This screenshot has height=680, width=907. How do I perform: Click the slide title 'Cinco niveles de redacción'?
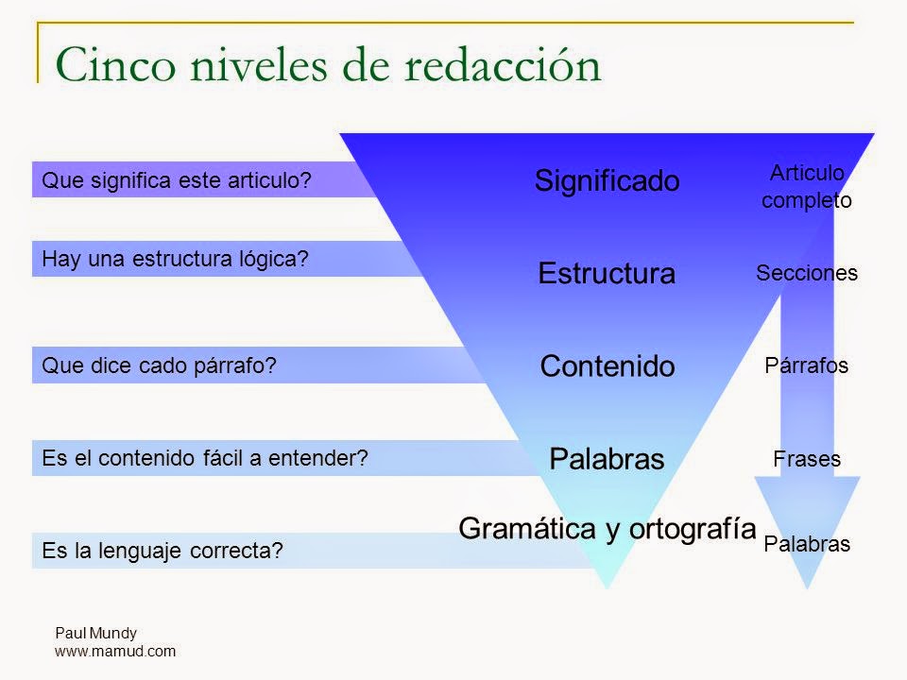328,65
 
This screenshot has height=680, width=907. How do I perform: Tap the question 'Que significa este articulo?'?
177,179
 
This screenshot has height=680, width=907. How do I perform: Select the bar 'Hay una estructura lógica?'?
177,258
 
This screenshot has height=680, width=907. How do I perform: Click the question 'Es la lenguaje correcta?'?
163,551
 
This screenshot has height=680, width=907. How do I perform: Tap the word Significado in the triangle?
607,180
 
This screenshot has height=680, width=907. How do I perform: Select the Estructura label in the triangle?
607,274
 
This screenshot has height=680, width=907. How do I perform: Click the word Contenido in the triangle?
607,366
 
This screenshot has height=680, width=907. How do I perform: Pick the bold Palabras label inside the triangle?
607,459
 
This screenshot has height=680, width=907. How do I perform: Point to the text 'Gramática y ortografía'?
607,529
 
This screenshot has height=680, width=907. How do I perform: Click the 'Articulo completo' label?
807,186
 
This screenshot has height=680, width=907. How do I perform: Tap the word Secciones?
807,274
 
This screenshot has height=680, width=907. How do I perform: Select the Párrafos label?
807,366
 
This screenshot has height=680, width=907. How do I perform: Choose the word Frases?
807,459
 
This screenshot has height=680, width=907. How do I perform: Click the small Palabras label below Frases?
807,544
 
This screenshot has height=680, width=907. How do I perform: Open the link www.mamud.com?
115,651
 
